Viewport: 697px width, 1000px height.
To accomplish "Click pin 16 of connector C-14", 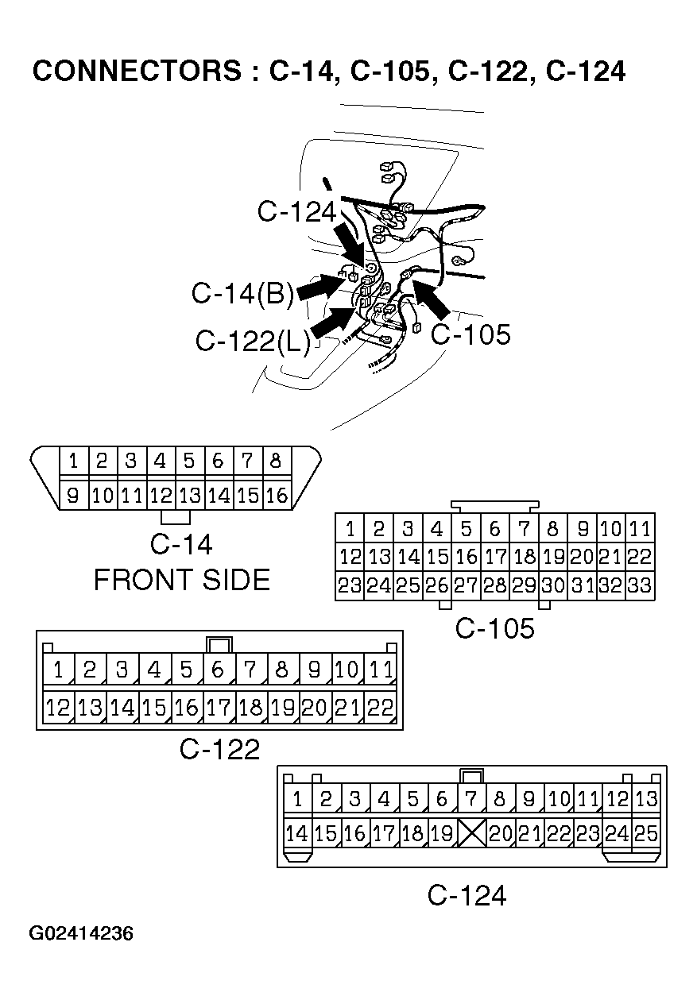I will pos(277,496).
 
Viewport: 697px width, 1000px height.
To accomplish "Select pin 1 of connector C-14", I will pos(73,461).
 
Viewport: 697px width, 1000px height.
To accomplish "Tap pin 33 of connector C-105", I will pos(640,586).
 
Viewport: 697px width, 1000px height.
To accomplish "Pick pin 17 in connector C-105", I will pos(494,557).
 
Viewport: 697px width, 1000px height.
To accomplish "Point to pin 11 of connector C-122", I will pos(381,670).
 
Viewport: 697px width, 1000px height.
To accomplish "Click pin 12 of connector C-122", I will pos(58,707).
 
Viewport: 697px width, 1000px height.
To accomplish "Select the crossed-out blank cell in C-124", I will pos(471,833).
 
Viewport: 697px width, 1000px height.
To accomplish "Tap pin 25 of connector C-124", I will pos(646,833).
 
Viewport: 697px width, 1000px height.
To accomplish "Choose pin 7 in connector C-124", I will pos(470,798).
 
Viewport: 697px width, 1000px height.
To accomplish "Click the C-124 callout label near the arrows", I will pos(297,211).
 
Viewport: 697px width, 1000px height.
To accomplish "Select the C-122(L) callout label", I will pos(253,342).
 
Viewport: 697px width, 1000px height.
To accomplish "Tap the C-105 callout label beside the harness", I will pos(470,334).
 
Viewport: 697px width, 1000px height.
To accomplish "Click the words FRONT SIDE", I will pos(182,581).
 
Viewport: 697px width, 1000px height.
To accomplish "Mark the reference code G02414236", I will pos(81,933).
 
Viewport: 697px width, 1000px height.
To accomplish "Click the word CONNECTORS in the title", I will pos(135,71).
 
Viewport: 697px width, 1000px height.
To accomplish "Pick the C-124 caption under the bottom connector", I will pos(467,896).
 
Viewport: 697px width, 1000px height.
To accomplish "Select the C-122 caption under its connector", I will pos(219,749).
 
